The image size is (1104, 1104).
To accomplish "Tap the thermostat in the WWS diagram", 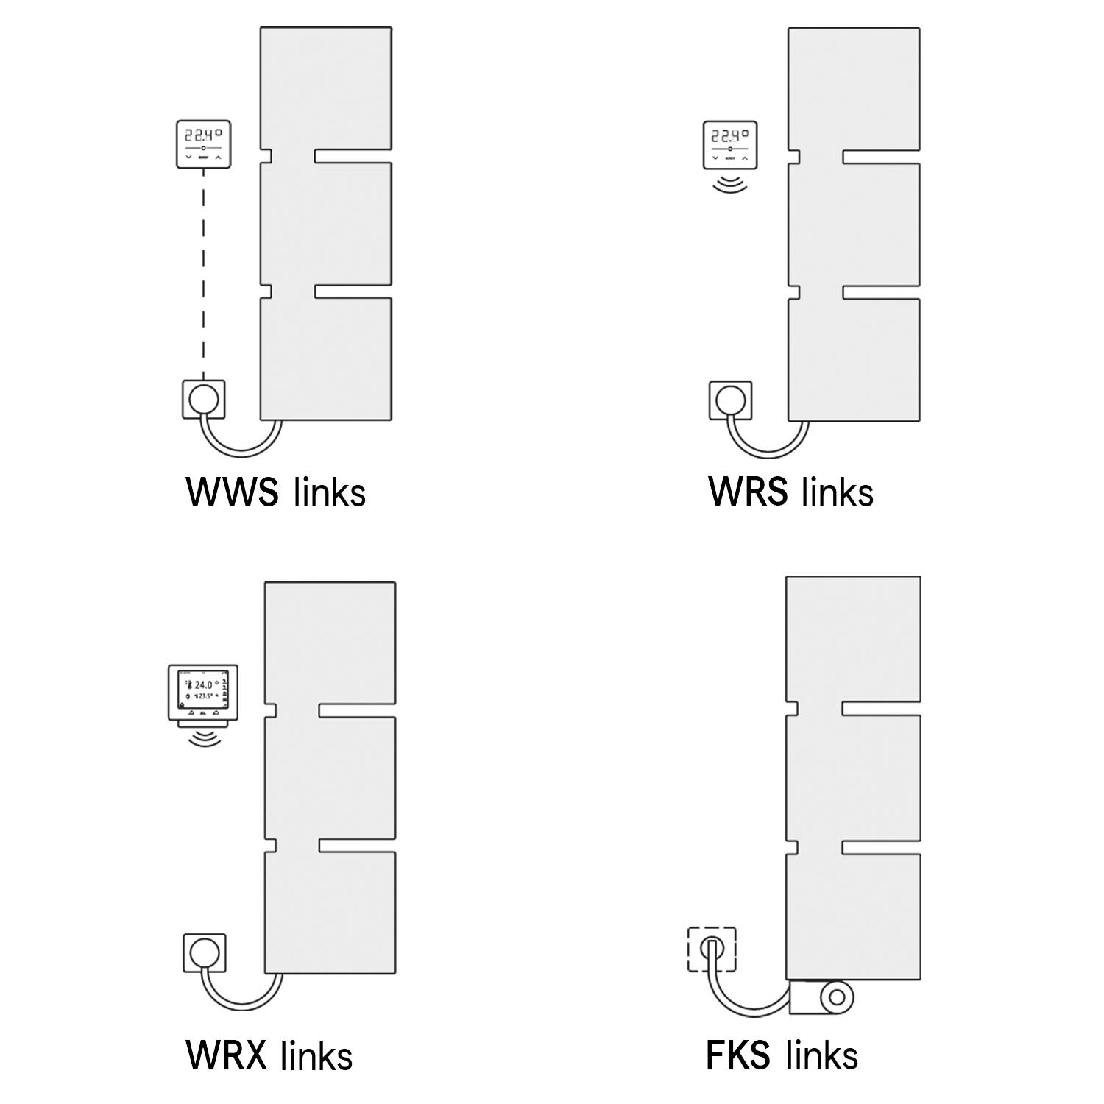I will click(x=204, y=144).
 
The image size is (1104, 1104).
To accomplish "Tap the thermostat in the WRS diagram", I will click(x=730, y=145).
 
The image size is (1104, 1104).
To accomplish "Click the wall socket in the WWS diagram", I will click(x=204, y=399).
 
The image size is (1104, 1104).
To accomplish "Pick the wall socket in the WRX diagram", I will click(x=204, y=953).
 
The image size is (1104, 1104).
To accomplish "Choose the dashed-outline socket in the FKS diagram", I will click(x=711, y=949).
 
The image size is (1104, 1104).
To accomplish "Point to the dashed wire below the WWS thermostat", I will click(x=204, y=272).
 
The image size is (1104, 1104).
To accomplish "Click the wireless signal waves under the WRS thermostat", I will click(x=730, y=183).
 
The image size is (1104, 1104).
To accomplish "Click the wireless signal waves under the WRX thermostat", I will click(x=204, y=737).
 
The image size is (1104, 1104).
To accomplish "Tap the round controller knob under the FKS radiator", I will click(x=836, y=998).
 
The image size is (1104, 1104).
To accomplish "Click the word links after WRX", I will click(x=316, y=1055).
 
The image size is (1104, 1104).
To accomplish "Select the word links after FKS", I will click(x=822, y=1055).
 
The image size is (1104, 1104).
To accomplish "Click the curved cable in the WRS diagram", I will click(x=769, y=449).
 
